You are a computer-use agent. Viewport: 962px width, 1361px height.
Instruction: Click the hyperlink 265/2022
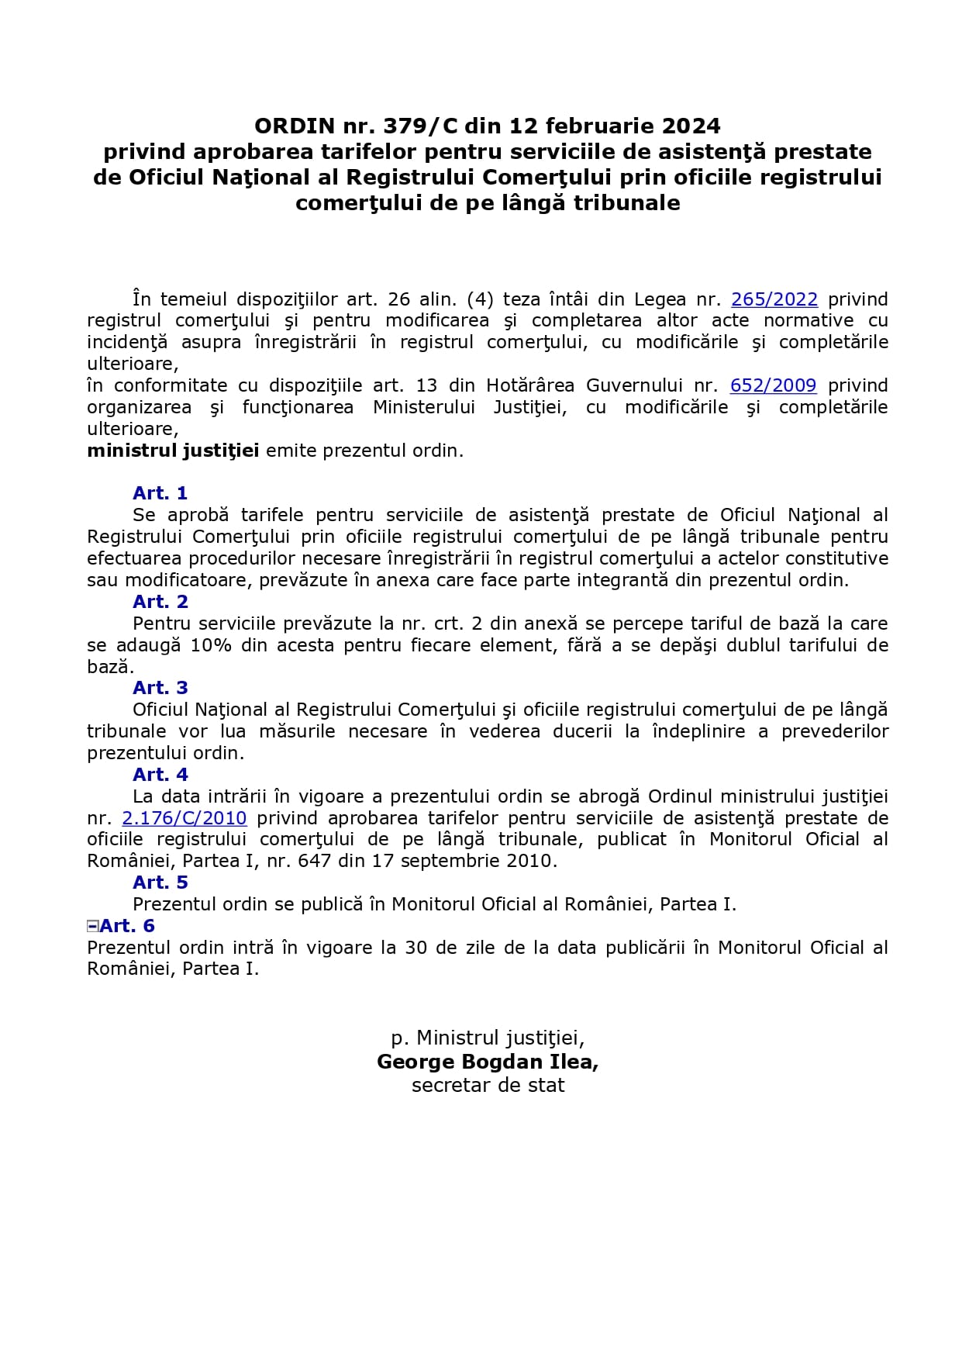[774, 299]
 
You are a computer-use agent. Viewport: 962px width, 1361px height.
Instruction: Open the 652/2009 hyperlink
[773, 385]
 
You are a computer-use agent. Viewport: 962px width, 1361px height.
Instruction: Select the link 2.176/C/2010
[184, 818]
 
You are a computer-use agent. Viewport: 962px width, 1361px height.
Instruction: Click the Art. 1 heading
[160, 493]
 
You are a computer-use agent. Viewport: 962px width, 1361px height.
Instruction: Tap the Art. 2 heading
[160, 602]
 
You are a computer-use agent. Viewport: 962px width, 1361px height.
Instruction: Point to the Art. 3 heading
[160, 688]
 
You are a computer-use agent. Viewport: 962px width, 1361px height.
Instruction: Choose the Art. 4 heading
[160, 775]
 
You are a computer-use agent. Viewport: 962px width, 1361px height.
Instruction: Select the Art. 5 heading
[160, 883]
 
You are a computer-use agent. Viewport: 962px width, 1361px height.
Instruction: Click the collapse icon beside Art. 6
[92, 925]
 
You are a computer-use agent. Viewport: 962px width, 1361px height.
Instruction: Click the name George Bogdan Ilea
[487, 1062]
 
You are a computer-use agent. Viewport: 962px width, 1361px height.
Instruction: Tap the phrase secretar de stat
[488, 1086]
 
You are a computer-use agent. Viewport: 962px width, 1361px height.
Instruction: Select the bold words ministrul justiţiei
[173, 451]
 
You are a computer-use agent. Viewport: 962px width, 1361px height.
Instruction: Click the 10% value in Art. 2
[211, 645]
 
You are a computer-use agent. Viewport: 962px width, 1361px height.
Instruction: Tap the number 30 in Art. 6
[416, 948]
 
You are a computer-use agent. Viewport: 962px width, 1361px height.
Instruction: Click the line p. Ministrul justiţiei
[488, 1038]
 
